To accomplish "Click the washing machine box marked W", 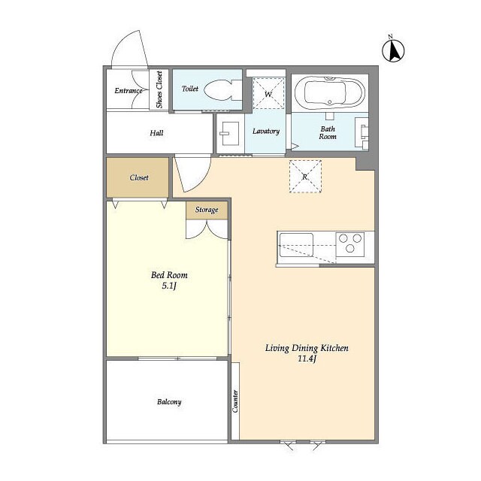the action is pyautogui.click(x=268, y=93).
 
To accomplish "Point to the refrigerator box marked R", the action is pyautogui.click(x=305, y=177).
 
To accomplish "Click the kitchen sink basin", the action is pyautogui.click(x=296, y=245).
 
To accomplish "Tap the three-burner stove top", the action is pyautogui.click(x=350, y=244).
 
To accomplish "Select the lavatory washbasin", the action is pyautogui.click(x=229, y=134).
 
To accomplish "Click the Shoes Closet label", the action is pyautogui.click(x=159, y=89).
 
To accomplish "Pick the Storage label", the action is pyautogui.click(x=207, y=210).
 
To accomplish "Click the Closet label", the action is pyautogui.click(x=139, y=177).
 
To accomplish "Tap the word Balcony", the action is pyautogui.click(x=169, y=402).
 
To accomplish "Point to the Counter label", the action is pyautogui.click(x=235, y=401).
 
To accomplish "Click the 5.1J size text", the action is pyautogui.click(x=169, y=286).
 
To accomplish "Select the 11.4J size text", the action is pyautogui.click(x=307, y=358).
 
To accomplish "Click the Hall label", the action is pyautogui.click(x=156, y=133).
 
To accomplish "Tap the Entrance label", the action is pyautogui.click(x=129, y=90).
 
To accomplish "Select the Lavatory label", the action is pyautogui.click(x=266, y=132).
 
